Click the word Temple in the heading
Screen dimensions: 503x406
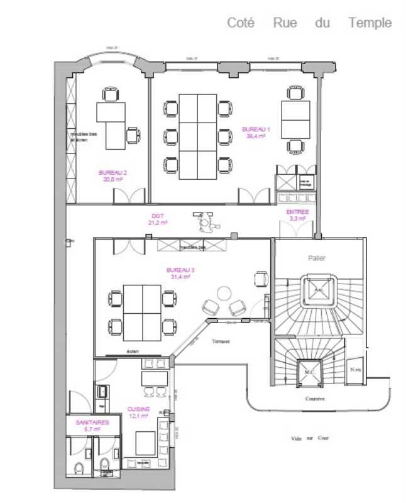click(370, 23)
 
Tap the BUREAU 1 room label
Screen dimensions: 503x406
click(256, 132)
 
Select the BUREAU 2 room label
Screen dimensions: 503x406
click(113, 175)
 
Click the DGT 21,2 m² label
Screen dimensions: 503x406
click(157, 218)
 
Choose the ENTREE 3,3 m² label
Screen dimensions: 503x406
click(297, 215)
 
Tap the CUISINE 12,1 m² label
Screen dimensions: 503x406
click(138, 412)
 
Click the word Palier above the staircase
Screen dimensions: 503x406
click(317, 258)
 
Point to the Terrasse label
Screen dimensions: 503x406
click(221, 341)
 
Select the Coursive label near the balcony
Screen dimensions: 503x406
click(315, 399)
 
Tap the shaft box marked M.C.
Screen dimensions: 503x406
click(309, 372)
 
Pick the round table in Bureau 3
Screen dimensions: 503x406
click(224, 294)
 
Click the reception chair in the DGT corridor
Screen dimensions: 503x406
click(204, 222)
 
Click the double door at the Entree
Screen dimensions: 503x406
click(297, 229)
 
